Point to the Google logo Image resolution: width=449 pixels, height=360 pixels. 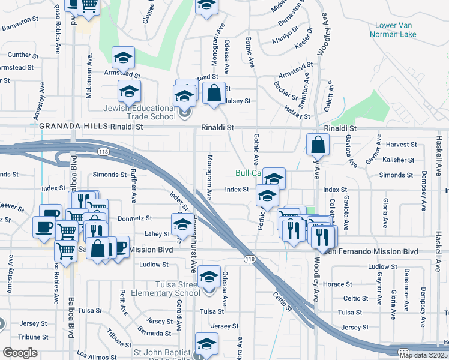[20, 353]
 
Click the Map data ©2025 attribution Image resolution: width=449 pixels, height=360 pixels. [424, 355]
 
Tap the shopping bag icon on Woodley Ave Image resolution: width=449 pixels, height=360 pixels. [318, 145]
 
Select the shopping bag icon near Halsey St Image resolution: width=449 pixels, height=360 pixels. [214, 94]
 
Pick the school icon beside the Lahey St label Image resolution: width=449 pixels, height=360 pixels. [182, 225]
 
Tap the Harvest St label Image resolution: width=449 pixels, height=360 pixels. [402, 145]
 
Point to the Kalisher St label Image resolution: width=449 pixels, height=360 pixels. [399, 160]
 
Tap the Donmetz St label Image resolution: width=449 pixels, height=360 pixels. [135, 218]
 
